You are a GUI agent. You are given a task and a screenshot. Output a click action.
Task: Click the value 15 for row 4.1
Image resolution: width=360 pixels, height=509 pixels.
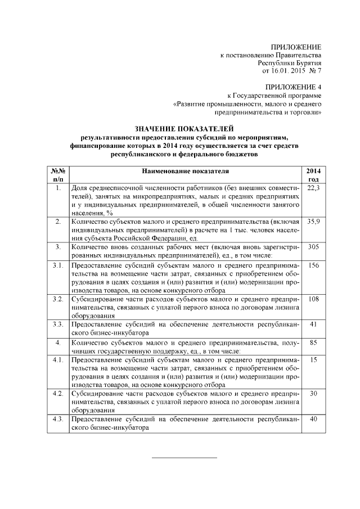click(313, 359)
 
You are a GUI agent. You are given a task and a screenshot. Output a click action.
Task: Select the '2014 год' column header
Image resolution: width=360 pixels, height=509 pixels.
click(313, 174)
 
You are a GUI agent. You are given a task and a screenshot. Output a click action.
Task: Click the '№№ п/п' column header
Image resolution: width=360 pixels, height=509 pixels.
click(58, 174)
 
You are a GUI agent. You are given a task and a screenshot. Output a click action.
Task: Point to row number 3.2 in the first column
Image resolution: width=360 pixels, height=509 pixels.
click(58, 299)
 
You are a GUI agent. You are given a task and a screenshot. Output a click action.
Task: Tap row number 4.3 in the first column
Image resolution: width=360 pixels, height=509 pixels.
click(58, 419)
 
